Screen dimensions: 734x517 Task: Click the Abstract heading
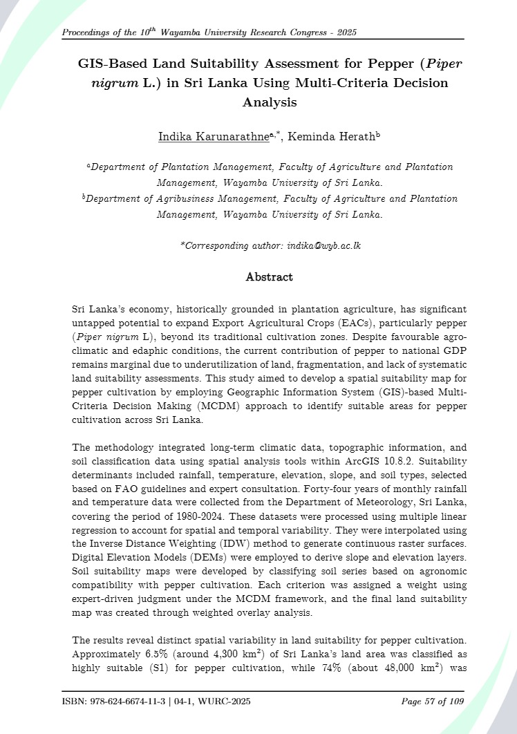point(269,277)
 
